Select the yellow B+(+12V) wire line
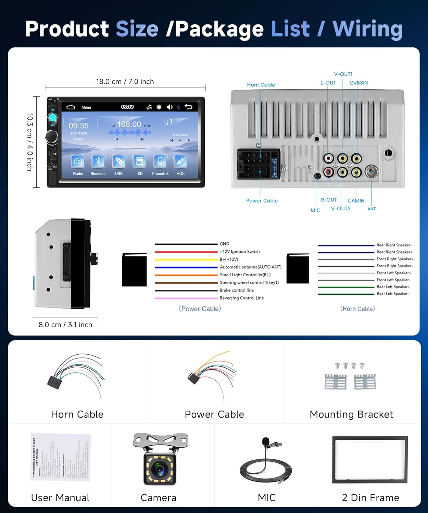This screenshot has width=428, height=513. [x=186, y=260]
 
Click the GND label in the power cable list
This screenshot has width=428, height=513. [x=225, y=244]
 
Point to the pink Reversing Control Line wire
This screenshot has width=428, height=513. [x=186, y=298]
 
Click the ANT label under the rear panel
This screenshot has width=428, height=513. [x=372, y=209]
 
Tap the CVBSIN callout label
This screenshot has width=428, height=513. [x=358, y=83]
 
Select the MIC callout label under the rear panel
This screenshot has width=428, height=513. [x=315, y=210]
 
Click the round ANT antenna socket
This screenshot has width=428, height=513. [x=372, y=171]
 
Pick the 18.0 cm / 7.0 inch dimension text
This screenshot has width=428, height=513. [x=125, y=82]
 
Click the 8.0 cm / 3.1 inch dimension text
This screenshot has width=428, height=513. [x=65, y=325]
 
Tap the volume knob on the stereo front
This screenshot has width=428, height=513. [x=52, y=137]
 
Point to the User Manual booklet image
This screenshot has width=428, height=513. [x=61, y=457]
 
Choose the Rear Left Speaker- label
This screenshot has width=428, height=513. [x=393, y=294]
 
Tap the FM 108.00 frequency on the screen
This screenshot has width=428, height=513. [x=129, y=124]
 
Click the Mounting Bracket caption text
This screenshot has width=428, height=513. [x=351, y=415]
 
